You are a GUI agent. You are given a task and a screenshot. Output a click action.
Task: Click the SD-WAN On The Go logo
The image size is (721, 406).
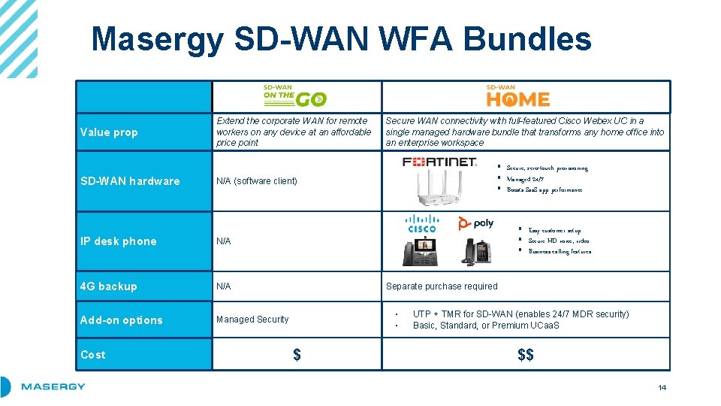click(x=294, y=95)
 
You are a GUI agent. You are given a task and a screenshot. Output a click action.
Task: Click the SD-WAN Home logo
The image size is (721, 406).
click(x=517, y=95)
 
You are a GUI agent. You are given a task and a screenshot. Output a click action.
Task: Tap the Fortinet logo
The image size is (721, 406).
click(x=439, y=162)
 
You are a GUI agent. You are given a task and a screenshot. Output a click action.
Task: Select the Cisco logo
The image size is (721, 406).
click(x=421, y=223)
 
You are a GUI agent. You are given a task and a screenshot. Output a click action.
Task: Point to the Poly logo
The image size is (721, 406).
click(x=475, y=223)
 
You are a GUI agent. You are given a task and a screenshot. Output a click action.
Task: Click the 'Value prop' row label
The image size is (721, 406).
click(x=109, y=132)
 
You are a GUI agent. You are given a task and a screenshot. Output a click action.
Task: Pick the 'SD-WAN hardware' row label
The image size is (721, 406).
click(x=130, y=181)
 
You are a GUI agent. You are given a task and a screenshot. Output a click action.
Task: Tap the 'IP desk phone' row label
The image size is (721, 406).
click(x=119, y=241)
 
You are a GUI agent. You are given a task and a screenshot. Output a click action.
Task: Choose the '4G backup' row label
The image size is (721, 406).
click(x=109, y=286)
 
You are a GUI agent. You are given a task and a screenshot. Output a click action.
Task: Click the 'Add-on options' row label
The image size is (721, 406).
click(x=122, y=320)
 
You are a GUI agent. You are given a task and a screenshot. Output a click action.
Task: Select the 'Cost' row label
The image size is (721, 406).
click(x=93, y=355)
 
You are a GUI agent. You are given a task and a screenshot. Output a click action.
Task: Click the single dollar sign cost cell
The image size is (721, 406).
click(x=297, y=355)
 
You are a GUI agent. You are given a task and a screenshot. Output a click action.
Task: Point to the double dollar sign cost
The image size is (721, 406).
click(x=526, y=355)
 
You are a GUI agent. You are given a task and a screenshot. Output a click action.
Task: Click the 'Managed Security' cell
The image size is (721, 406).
click(x=252, y=320)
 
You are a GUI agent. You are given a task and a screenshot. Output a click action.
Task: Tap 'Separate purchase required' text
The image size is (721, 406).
click(x=442, y=286)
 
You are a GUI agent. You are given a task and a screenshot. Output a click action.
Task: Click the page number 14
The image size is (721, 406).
click(x=662, y=388)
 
